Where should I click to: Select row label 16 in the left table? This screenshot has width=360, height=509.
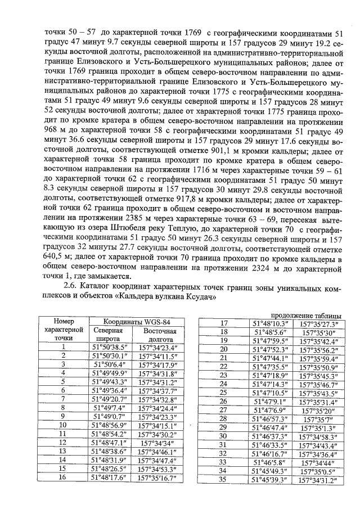point(63,478)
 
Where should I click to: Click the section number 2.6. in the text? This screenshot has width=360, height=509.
point(73,287)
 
